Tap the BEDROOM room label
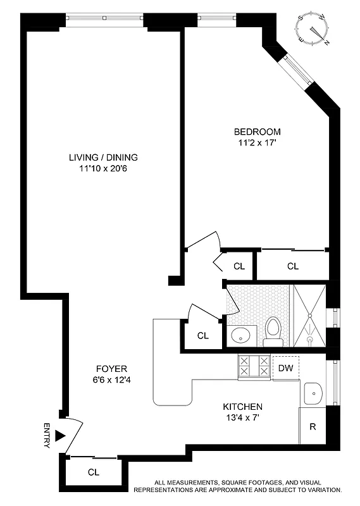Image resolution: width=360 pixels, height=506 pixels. [x=257, y=132]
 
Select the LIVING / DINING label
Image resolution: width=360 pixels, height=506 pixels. [x=104, y=157]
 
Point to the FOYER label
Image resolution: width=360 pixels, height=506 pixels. [x=111, y=368]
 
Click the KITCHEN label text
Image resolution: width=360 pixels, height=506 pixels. [x=242, y=406]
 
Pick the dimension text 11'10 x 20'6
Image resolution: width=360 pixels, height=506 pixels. [x=104, y=168]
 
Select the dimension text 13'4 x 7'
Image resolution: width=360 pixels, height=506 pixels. [x=242, y=417]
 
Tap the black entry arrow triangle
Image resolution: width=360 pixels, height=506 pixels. [x=60, y=436]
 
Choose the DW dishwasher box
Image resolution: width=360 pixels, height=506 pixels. [x=285, y=367]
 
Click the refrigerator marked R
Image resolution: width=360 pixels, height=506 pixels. [x=313, y=426]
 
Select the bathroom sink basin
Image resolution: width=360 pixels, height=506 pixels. [x=241, y=335]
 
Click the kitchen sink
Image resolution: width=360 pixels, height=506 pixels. [x=313, y=394]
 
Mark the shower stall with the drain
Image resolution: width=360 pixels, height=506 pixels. [x=309, y=316]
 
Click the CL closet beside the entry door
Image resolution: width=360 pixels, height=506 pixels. [x=94, y=472]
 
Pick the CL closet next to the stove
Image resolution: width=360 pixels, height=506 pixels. [x=202, y=336]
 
